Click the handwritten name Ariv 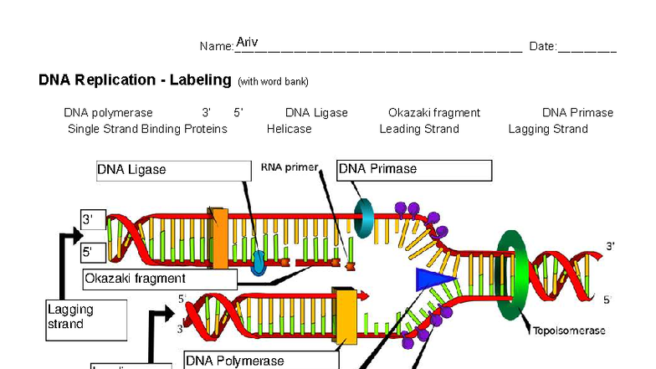pyautogui.click(x=247, y=42)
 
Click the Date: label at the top pyautogui.click(x=542, y=47)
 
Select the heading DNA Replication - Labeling pyautogui.click(x=135, y=80)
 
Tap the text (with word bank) pyautogui.click(x=273, y=82)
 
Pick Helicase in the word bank pyautogui.click(x=289, y=129)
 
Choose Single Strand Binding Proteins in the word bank pyautogui.click(x=147, y=129)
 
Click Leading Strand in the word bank pyautogui.click(x=418, y=129)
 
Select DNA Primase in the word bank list pyautogui.click(x=577, y=113)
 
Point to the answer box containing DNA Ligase pyautogui.click(x=173, y=171)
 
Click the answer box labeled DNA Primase pyautogui.click(x=413, y=170)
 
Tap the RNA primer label pyautogui.click(x=290, y=167)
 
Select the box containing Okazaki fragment pyautogui.click(x=159, y=279)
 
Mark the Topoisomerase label pyautogui.click(x=569, y=331)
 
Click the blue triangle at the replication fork pyautogui.click(x=433, y=279)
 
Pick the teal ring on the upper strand pyautogui.click(x=365, y=218)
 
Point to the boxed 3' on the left pyautogui.click(x=93, y=220)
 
